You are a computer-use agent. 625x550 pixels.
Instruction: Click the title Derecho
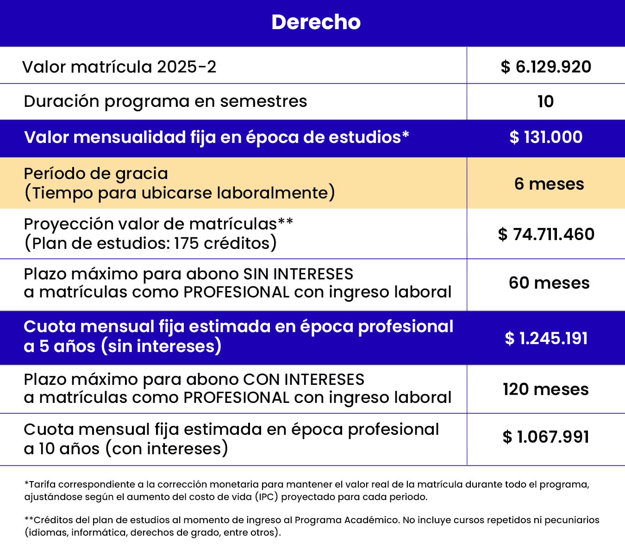pos(316,22)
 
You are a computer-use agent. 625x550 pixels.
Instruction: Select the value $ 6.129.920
pos(546,67)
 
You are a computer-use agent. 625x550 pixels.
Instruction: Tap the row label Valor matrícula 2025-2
pos(119,67)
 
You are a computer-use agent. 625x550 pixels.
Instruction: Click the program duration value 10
pos(545,101)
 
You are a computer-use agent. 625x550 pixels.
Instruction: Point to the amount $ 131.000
pos(546,137)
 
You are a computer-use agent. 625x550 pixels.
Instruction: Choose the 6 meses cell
pos(549,184)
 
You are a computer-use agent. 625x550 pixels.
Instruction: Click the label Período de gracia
pos(96,173)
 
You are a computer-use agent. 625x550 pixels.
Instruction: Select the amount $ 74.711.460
pos(546,234)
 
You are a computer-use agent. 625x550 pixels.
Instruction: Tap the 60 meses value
pos(549,283)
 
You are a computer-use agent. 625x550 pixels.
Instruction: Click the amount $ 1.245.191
pos(546,338)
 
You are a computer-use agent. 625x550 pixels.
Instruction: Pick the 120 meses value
pos(546,389)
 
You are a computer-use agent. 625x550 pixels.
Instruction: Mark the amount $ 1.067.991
pos(546,437)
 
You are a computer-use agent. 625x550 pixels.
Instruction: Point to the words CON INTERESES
pos(304,379)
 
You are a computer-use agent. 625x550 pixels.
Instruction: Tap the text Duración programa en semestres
pos(165,101)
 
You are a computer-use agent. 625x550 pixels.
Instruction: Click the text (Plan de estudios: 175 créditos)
pos(150,243)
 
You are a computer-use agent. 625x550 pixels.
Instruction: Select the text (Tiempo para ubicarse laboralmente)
pos(179,193)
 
